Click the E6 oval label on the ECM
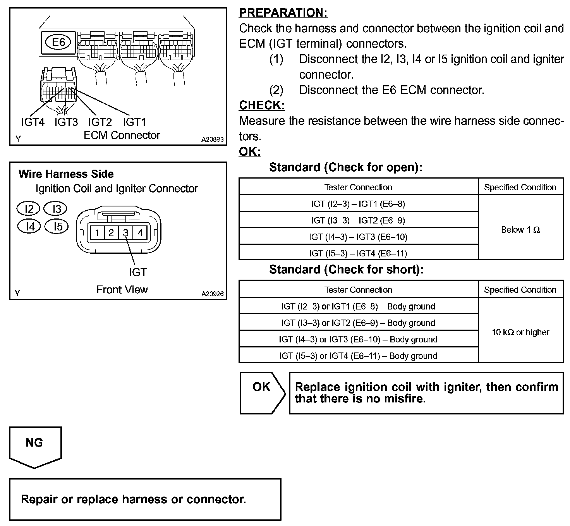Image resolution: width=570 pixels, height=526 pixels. pyautogui.click(x=58, y=42)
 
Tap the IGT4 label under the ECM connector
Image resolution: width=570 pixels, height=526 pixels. pyautogui.click(x=33, y=122)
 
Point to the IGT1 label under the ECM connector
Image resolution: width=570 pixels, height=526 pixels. pyautogui.click(x=134, y=122)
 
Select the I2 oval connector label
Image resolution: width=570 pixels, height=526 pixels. pyautogui.click(x=29, y=209)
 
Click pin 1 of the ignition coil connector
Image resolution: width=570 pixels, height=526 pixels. pyautogui.click(x=97, y=233)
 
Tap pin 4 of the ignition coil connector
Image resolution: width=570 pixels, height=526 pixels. pyautogui.click(x=140, y=233)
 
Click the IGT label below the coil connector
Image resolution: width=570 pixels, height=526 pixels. pyautogui.click(x=138, y=272)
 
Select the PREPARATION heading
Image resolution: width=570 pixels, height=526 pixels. pyautogui.click(x=283, y=13)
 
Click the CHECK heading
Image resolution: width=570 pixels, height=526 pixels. pyautogui.click(x=262, y=105)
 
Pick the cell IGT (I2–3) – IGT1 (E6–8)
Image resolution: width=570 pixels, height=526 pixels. pyautogui.click(x=358, y=204)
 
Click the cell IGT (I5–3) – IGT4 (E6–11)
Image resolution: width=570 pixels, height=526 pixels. pyautogui.click(x=358, y=253)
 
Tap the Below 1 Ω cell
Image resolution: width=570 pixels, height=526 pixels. pyautogui.click(x=520, y=230)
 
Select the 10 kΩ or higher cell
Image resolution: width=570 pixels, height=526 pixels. pyautogui.click(x=520, y=332)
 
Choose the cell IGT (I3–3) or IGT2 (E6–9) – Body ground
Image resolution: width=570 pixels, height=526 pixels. pyautogui.click(x=358, y=323)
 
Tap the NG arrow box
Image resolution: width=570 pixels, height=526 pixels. pyautogui.click(x=34, y=445)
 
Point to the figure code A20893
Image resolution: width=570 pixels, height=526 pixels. pyautogui.click(x=212, y=139)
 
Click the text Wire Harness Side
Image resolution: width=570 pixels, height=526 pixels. pyautogui.click(x=66, y=174)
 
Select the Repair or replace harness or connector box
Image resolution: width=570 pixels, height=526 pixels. pyautogui.click(x=145, y=499)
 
